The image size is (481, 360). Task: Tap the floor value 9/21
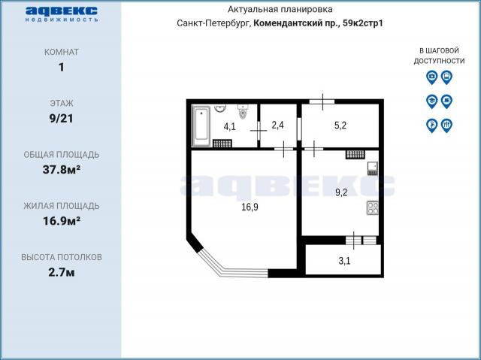(61, 118)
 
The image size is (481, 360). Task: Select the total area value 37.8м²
(61, 169)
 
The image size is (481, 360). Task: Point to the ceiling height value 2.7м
(61, 271)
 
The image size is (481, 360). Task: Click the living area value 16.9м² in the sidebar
(61, 220)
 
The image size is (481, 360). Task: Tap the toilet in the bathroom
(243, 113)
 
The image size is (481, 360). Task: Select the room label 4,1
(229, 126)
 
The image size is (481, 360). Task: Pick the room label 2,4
(277, 125)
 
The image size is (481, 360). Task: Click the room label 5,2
(340, 125)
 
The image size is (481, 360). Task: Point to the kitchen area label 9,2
(340, 192)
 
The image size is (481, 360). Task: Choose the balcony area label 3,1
(344, 262)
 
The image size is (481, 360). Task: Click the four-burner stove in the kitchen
(371, 207)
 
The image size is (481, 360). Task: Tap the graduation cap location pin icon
(431, 100)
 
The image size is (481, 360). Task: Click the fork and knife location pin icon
(446, 125)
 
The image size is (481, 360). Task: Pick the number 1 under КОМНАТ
(61, 67)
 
